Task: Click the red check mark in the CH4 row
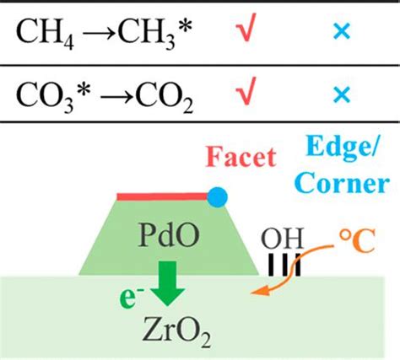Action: point(246,27)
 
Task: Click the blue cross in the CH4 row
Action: point(342,31)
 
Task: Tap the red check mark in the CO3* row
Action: point(246,91)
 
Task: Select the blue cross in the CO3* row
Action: point(342,94)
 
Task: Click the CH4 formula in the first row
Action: point(45,33)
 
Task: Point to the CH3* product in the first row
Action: point(155,33)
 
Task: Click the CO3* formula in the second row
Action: point(53,97)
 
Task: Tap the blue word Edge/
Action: point(343,148)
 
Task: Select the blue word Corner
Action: point(342,183)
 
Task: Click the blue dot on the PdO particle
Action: point(217,197)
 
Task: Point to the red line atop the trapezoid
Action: point(163,196)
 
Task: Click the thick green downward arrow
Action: point(168,283)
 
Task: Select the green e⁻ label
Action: point(131,298)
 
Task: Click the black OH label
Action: point(282,239)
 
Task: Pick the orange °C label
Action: point(357,241)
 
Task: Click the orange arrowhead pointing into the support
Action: point(260,291)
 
